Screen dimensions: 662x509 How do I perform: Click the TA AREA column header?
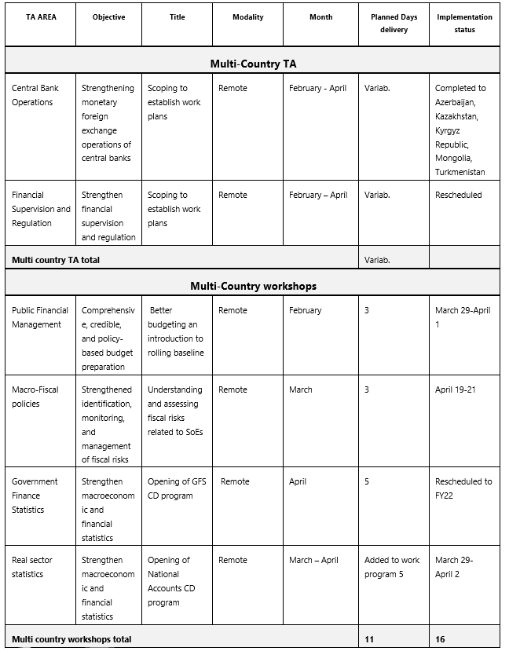[x=41, y=17]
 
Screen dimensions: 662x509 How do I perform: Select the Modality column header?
[x=248, y=17]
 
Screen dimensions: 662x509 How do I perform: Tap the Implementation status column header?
[x=464, y=24]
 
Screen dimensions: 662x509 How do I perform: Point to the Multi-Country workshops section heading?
[x=253, y=286]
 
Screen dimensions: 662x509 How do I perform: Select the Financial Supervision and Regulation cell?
[x=41, y=209]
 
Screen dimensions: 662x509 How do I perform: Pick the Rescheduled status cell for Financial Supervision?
[x=459, y=195]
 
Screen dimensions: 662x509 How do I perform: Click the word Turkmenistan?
[x=460, y=173]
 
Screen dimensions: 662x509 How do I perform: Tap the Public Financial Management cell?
[x=40, y=317]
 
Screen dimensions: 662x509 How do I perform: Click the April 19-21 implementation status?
[x=456, y=390]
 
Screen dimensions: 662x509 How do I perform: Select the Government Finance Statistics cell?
[x=35, y=496]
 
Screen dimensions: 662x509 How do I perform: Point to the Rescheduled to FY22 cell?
[x=463, y=488]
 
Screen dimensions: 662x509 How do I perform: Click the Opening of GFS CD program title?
[x=177, y=488]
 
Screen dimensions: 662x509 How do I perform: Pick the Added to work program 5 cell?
[x=392, y=567]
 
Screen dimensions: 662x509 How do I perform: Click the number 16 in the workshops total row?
[x=441, y=639]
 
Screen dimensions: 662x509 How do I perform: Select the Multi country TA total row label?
[x=56, y=259]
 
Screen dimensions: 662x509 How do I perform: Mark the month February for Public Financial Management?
[x=306, y=310]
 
